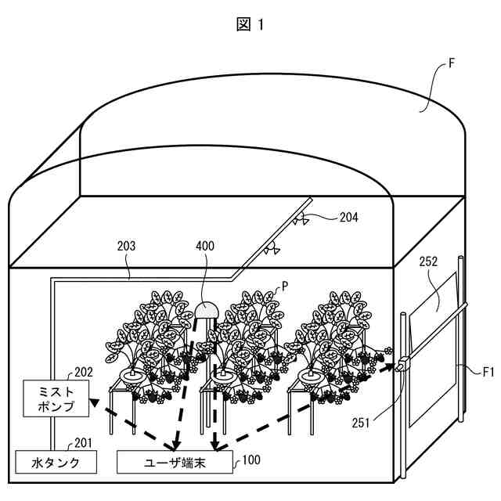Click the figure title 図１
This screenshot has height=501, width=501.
pos(250,24)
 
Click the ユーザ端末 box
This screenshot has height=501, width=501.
pos(175,462)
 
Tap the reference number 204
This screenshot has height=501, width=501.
pos(348,218)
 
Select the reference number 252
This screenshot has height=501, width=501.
pos(428,261)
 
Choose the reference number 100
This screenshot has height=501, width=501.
pos(252,460)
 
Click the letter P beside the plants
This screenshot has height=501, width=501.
pos(285,287)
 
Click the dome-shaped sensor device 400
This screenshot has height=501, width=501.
pos(207,310)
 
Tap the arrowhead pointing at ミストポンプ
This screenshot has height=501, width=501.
pos(94,403)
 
